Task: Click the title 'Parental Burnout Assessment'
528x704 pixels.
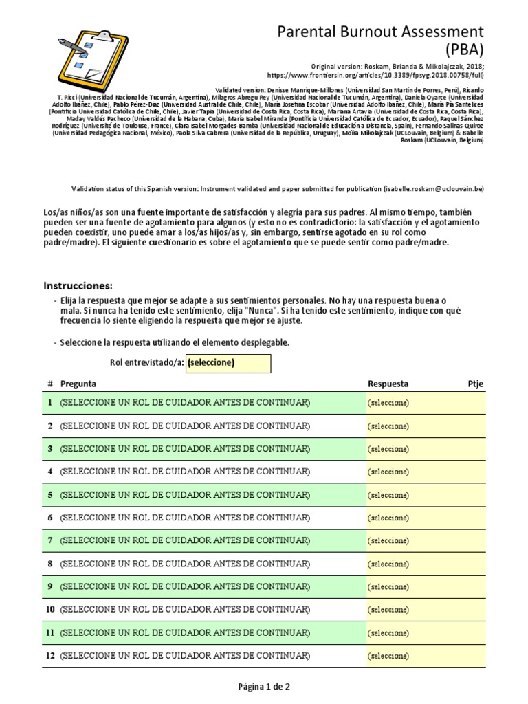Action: [x=380, y=32]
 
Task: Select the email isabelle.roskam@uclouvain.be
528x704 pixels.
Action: [x=434, y=188]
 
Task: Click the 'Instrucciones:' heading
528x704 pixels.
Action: [x=78, y=286]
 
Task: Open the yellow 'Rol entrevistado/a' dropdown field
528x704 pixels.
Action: [x=228, y=363]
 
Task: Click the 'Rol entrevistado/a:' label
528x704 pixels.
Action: [x=146, y=363]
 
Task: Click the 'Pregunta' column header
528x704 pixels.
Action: [x=78, y=384]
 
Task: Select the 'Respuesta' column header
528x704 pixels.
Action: [x=388, y=384]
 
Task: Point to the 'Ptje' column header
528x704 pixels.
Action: [x=474, y=384]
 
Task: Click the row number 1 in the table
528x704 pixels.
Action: [x=49, y=402]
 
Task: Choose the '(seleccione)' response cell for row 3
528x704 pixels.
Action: [x=388, y=448]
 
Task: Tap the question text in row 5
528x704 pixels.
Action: [x=185, y=494]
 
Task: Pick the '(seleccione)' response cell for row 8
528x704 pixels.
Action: [x=388, y=564]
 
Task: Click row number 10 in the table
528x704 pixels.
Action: [x=49, y=609]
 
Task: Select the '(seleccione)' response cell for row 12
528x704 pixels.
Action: [x=388, y=656]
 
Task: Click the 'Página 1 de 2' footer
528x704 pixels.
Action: [x=264, y=687]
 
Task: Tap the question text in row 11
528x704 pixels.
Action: [x=185, y=632]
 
